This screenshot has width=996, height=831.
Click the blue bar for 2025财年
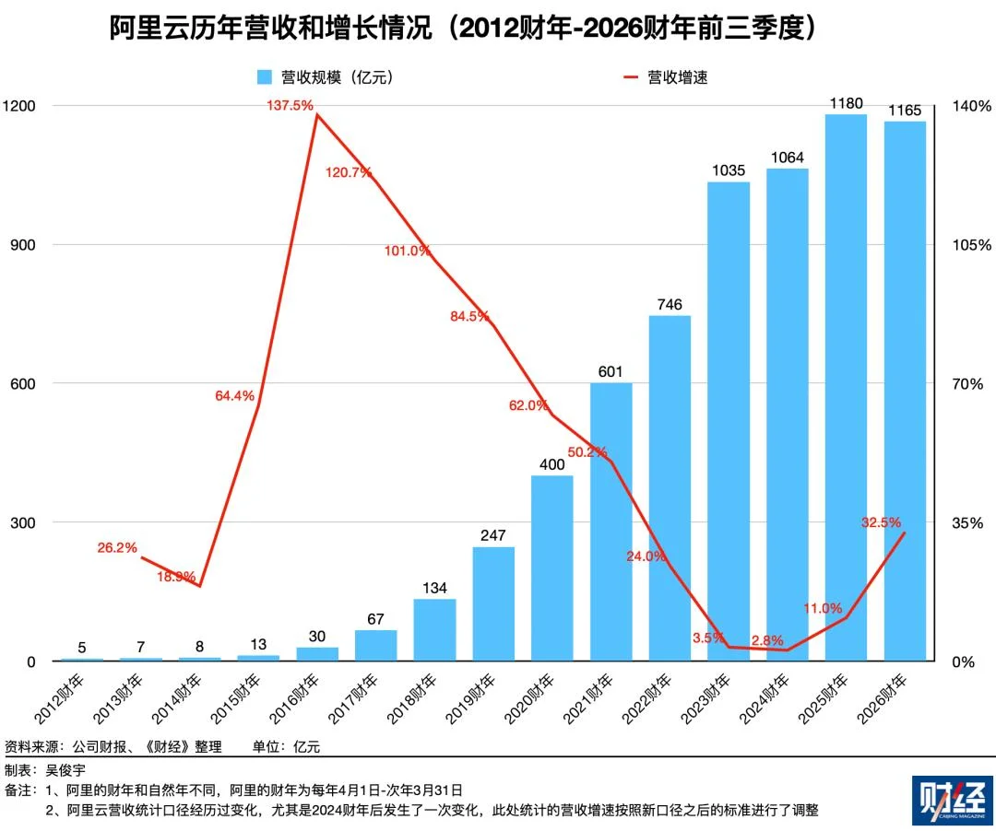(846, 387)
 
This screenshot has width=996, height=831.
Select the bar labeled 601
(611, 521)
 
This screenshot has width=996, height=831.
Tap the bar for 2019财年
(493, 603)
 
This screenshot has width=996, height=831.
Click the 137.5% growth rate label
(290, 106)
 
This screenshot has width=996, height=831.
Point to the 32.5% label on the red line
(881, 522)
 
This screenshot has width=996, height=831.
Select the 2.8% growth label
(766, 640)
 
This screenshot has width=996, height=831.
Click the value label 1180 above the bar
(846, 101)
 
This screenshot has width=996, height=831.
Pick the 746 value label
(670, 304)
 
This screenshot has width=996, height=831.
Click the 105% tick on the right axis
(971, 245)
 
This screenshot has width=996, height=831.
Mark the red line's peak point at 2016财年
(316, 115)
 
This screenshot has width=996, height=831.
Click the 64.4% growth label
(234, 396)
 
